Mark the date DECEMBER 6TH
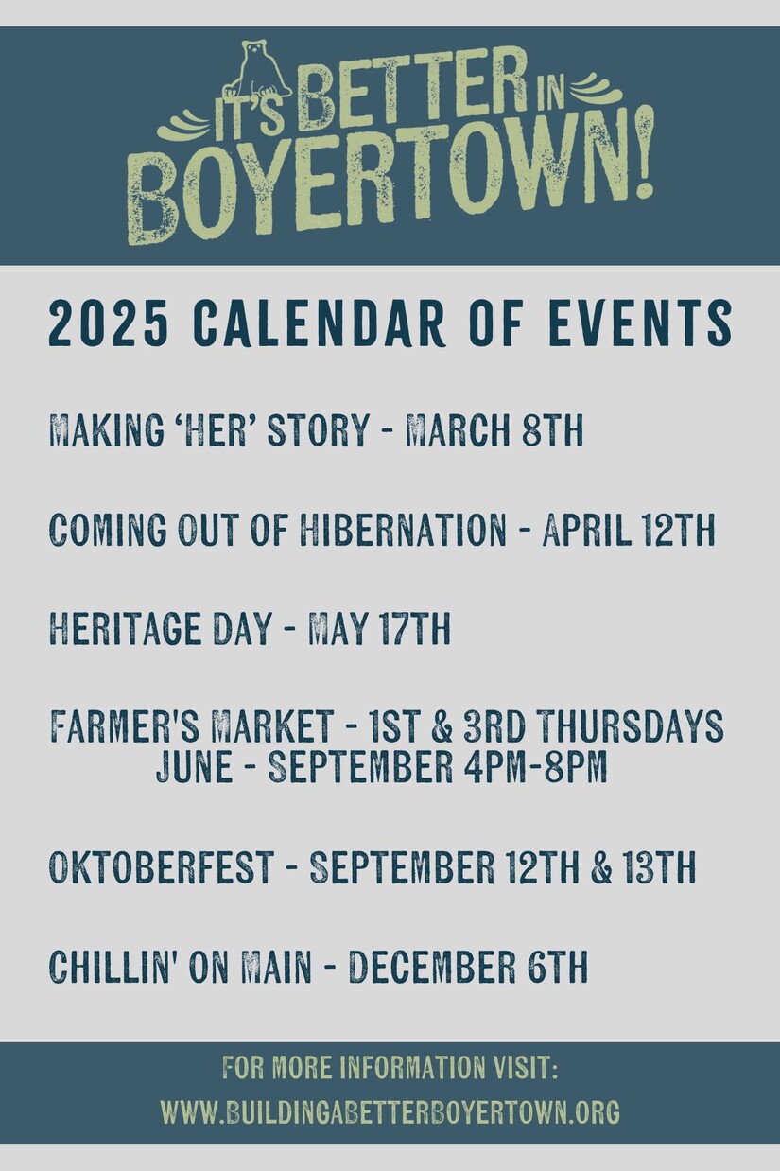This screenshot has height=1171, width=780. pyautogui.click(x=468, y=966)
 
